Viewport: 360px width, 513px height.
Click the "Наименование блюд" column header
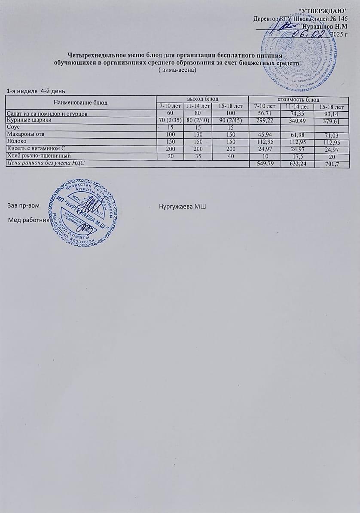(80, 103)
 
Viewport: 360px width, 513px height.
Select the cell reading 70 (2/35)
(169, 121)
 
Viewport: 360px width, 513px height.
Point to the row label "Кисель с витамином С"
(34, 149)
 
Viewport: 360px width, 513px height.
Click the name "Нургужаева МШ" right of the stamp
(183, 207)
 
